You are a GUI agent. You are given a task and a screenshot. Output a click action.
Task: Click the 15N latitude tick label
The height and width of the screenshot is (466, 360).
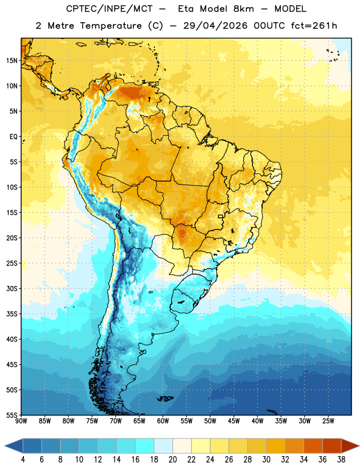[12, 61]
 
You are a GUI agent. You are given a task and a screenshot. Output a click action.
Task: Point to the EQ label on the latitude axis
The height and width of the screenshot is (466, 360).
[13, 137]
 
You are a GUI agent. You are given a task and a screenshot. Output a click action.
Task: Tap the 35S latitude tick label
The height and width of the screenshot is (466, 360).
[12, 314]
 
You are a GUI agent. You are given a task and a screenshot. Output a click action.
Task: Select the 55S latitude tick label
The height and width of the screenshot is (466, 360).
[12, 415]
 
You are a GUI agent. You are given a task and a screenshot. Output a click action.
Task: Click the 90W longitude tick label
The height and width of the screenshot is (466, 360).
[21, 421]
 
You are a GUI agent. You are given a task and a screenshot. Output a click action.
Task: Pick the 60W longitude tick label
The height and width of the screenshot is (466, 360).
[163, 421]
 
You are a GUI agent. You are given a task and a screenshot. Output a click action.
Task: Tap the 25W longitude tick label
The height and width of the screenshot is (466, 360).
[328, 421]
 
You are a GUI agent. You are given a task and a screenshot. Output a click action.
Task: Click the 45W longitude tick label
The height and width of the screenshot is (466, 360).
[234, 421]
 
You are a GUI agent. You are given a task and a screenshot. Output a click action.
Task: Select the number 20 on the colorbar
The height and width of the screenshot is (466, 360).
[172, 460]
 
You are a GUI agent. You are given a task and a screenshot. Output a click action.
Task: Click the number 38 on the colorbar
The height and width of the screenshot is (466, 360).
[341, 460]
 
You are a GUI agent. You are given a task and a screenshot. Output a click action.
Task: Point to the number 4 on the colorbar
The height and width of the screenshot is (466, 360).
[23, 460]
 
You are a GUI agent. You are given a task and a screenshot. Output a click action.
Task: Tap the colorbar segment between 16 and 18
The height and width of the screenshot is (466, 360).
[145, 446]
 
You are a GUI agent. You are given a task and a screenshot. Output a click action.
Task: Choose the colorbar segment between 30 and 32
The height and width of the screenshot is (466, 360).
[276, 446]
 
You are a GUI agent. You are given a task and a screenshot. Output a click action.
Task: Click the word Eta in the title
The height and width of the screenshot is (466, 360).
[186, 9]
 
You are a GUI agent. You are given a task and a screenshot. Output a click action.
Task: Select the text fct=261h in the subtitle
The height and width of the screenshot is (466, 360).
[314, 26]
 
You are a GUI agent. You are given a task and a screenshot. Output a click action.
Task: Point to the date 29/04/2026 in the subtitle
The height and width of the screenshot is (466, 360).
[215, 26]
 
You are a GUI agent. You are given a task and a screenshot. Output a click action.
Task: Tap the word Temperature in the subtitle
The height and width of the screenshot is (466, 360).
[111, 26]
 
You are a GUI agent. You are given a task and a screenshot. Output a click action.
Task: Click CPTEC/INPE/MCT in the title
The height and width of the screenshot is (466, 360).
[110, 9]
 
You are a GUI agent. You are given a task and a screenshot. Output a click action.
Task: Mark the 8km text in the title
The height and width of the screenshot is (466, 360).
[243, 9]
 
